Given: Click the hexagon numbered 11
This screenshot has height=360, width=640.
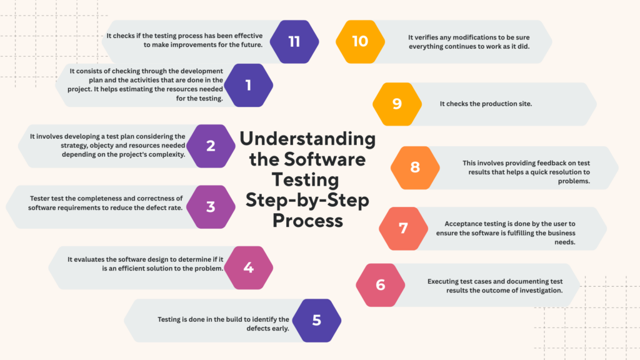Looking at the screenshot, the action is point(294,42).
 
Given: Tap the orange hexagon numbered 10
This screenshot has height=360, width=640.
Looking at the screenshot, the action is point(361,42).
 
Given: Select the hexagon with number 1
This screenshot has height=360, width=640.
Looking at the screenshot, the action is point(249,85).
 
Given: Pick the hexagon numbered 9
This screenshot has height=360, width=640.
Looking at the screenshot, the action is point(397,104).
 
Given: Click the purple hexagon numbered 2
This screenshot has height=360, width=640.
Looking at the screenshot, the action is point(211,146).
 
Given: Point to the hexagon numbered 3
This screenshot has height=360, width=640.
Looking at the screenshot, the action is point(211,207).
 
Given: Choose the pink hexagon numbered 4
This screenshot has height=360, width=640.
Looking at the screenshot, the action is point(249,267).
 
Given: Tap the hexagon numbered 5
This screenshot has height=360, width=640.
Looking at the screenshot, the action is point(317,321).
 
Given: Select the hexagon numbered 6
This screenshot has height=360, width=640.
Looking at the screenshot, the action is point(381,285).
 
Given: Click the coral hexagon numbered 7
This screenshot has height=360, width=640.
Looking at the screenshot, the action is point(403,229).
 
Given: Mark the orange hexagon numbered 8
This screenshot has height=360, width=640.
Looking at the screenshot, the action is point(415,167).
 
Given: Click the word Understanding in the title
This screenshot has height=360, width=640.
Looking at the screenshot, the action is point(307,139).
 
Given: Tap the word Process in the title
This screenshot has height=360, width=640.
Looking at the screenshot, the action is point(307,221).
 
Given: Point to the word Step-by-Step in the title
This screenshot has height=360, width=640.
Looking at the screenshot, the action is point(307,201).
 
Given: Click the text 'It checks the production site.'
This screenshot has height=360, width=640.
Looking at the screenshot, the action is point(486,104).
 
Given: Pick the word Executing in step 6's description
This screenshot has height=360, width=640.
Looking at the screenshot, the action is point(442,282).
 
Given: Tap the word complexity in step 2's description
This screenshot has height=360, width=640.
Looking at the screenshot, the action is point(167,155).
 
